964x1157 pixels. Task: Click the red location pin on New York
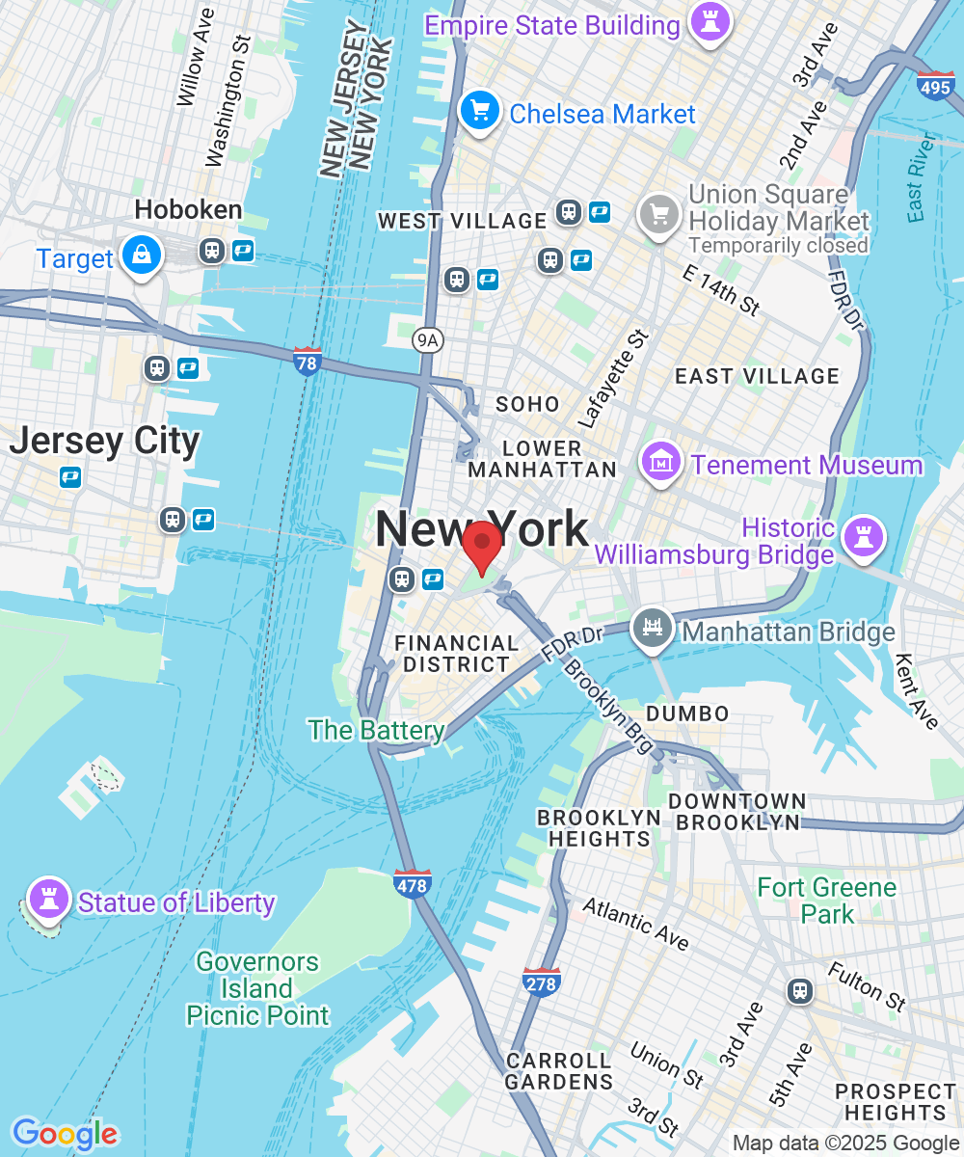tap(480, 546)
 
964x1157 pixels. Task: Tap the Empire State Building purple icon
tap(711, 23)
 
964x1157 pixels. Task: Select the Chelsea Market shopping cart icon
tap(479, 111)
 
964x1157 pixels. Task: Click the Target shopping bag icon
tap(143, 256)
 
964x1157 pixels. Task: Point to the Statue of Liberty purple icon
tap(47, 899)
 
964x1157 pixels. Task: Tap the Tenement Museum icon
tap(662, 463)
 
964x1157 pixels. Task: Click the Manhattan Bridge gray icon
tap(653, 630)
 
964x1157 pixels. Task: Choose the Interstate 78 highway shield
tap(308, 363)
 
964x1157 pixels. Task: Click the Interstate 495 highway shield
tap(935, 86)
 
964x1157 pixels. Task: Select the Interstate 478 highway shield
tap(412, 883)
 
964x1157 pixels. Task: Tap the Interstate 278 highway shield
tap(541, 982)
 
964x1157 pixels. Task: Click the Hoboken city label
tap(188, 209)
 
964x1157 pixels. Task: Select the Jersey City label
tap(104, 442)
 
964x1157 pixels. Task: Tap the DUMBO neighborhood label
tap(687, 713)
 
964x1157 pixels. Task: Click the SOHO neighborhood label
tap(527, 404)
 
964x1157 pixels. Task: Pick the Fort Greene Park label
tap(826, 900)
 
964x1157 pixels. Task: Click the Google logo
tap(64, 1133)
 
